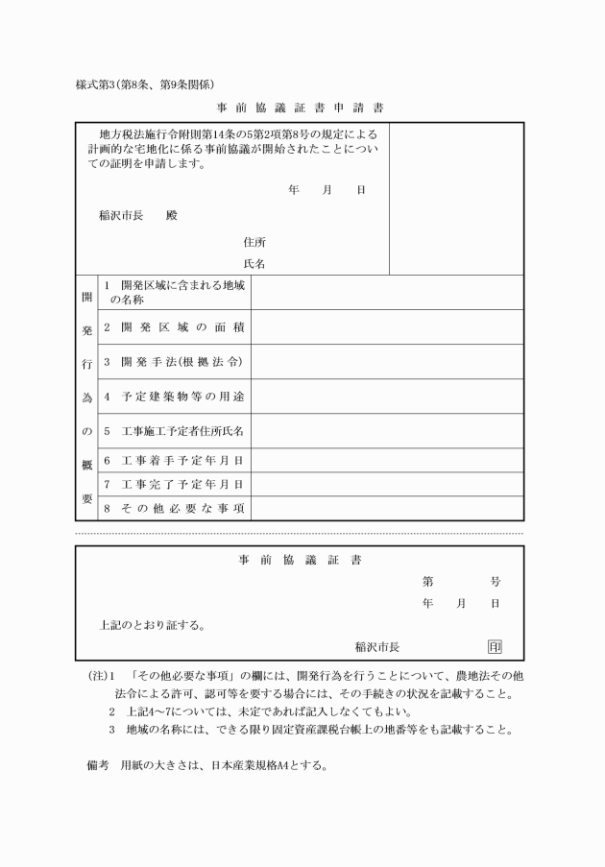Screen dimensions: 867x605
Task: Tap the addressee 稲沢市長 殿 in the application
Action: pos(138,215)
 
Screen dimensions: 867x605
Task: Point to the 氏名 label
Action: pos(254,262)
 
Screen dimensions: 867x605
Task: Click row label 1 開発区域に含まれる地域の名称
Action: pos(173,292)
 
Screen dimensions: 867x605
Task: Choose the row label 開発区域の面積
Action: pos(173,327)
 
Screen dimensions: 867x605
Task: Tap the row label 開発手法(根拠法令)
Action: pos(173,362)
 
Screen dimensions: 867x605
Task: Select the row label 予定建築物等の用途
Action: pos(173,396)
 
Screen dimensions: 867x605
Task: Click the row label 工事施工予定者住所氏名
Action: pos(173,431)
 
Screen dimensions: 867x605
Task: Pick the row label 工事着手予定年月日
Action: pos(173,461)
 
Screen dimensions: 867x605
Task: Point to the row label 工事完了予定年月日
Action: pos(173,484)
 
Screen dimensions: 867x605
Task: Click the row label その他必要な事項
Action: pos(173,508)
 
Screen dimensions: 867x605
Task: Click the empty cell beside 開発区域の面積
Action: pos(387,327)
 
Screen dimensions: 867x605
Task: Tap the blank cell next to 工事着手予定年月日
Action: pos(387,461)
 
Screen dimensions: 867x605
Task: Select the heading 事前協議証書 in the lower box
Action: pos(301,560)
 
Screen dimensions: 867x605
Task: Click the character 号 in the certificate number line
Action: pos(495,581)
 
